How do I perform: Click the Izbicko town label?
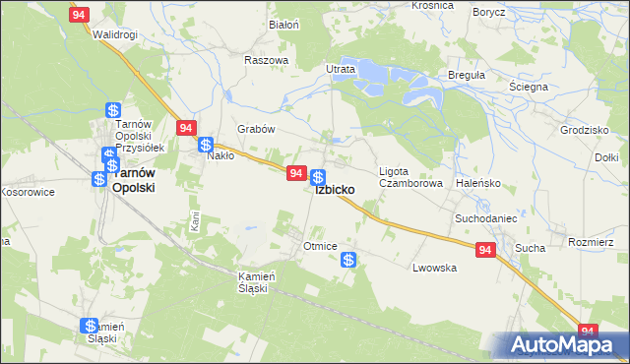[x=343, y=191]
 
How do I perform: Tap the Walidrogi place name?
[x=114, y=34]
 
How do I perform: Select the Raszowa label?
[x=266, y=60]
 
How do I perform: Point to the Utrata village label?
[x=341, y=70]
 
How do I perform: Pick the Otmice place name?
[x=321, y=246]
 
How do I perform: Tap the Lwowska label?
[x=435, y=268]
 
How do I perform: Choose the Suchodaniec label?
[x=485, y=217]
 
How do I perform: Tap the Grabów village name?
[x=255, y=129]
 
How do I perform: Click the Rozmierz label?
[x=598, y=242]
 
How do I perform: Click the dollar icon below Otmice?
[x=348, y=260]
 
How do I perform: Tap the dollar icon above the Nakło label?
[x=206, y=145]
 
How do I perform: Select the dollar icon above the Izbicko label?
[x=318, y=177]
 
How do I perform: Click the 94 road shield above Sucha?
[x=484, y=251]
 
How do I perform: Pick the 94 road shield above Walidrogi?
[x=81, y=14]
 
